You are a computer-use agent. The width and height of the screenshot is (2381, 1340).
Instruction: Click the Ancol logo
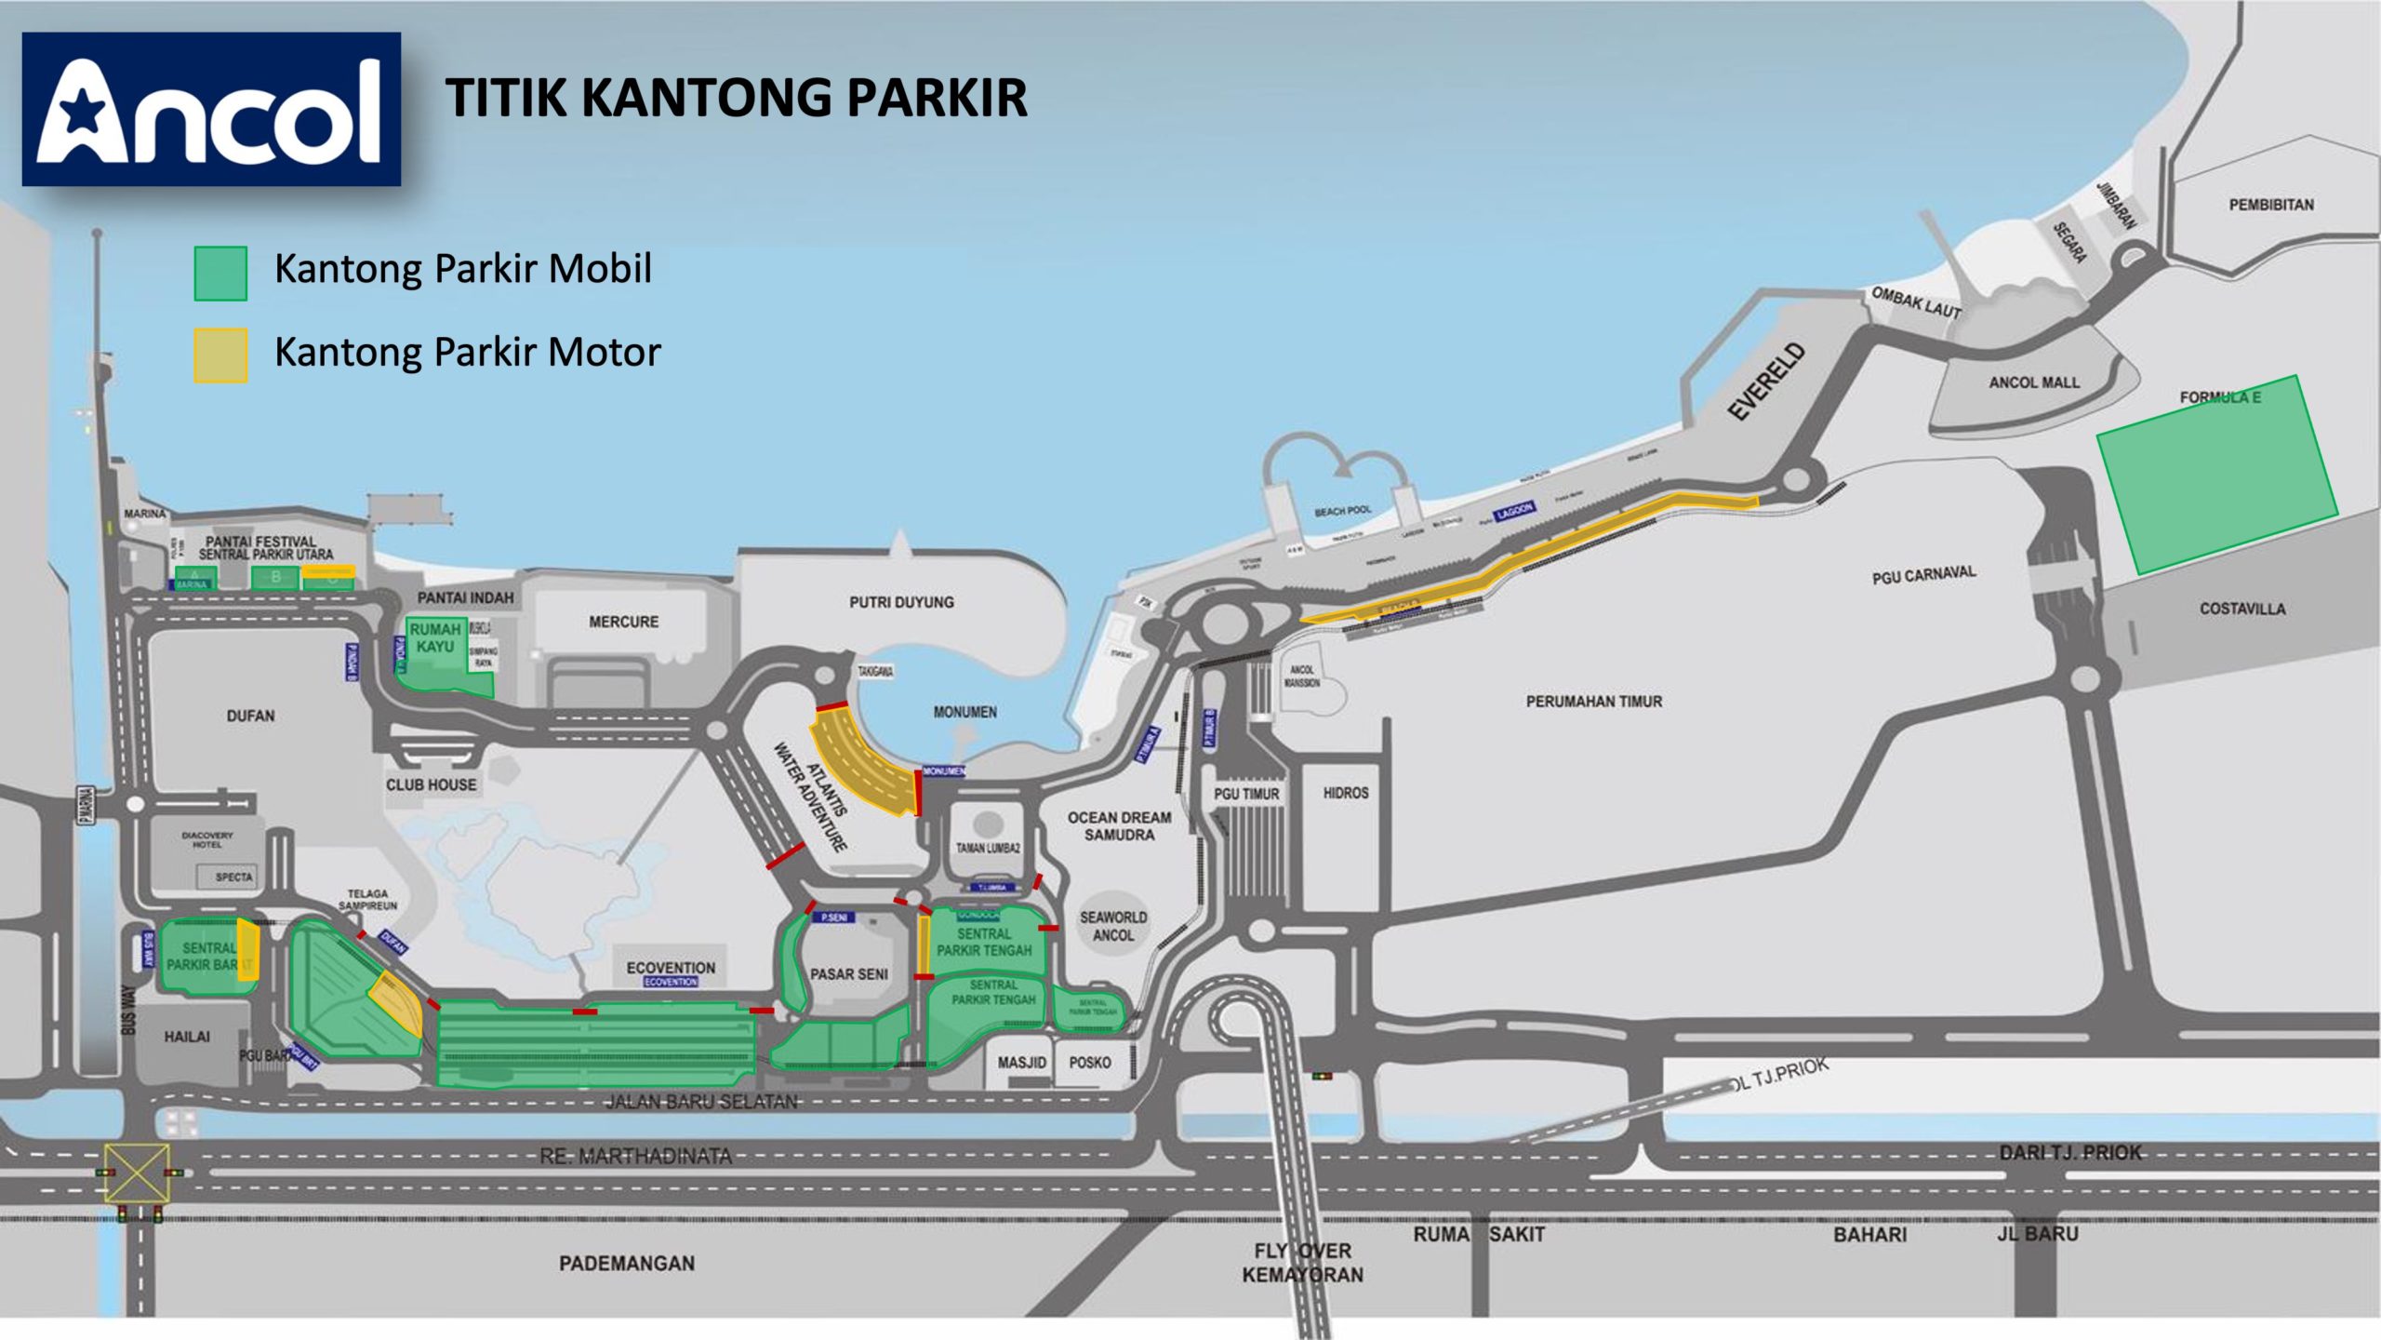pyautogui.click(x=211, y=110)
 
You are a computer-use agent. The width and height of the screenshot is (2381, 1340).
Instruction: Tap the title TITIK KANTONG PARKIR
pyautogui.click(x=736, y=98)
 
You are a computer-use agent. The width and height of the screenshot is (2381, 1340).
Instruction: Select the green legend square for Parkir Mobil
pyautogui.click(x=220, y=274)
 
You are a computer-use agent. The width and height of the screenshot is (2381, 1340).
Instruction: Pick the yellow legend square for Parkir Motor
pyautogui.click(x=220, y=355)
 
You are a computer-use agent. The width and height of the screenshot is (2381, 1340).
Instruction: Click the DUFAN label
pyautogui.click(x=250, y=716)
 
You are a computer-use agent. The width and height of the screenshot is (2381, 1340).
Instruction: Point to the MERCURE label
pyautogui.click(x=623, y=622)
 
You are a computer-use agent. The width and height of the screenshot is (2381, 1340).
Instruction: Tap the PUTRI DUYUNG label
pyautogui.click(x=901, y=602)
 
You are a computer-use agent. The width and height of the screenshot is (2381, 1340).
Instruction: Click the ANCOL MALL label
pyautogui.click(x=2034, y=382)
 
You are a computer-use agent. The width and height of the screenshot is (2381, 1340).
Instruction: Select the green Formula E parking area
pyautogui.click(x=2216, y=475)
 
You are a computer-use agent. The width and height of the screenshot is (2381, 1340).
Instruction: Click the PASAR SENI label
pyautogui.click(x=848, y=974)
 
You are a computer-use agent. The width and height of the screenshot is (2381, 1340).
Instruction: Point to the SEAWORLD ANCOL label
pyautogui.click(x=1112, y=926)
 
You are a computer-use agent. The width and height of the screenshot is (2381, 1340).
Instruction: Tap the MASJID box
pyautogui.click(x=1021, y=1063)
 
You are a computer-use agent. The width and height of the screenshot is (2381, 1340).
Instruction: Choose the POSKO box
pyautogui.click(x=1090, y=1063)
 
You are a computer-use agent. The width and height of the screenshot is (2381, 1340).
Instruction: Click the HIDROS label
pyautogui.click(x=1345, y=793)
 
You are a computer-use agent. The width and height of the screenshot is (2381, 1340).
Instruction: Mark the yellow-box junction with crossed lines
pyautogui.click(x=137, y=1173)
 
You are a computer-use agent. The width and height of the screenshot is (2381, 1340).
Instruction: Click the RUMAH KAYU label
pyautogui.click(x=435, y=638)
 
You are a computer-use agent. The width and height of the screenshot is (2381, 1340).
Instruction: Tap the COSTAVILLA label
pyautogui.click(x=2241, y=609)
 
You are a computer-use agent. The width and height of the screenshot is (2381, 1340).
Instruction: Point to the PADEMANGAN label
pyautogui.click(x=626, y=1263)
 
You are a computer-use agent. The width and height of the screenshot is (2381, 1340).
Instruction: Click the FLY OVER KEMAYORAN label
pyautogui.click(x=1302, y=1263)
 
